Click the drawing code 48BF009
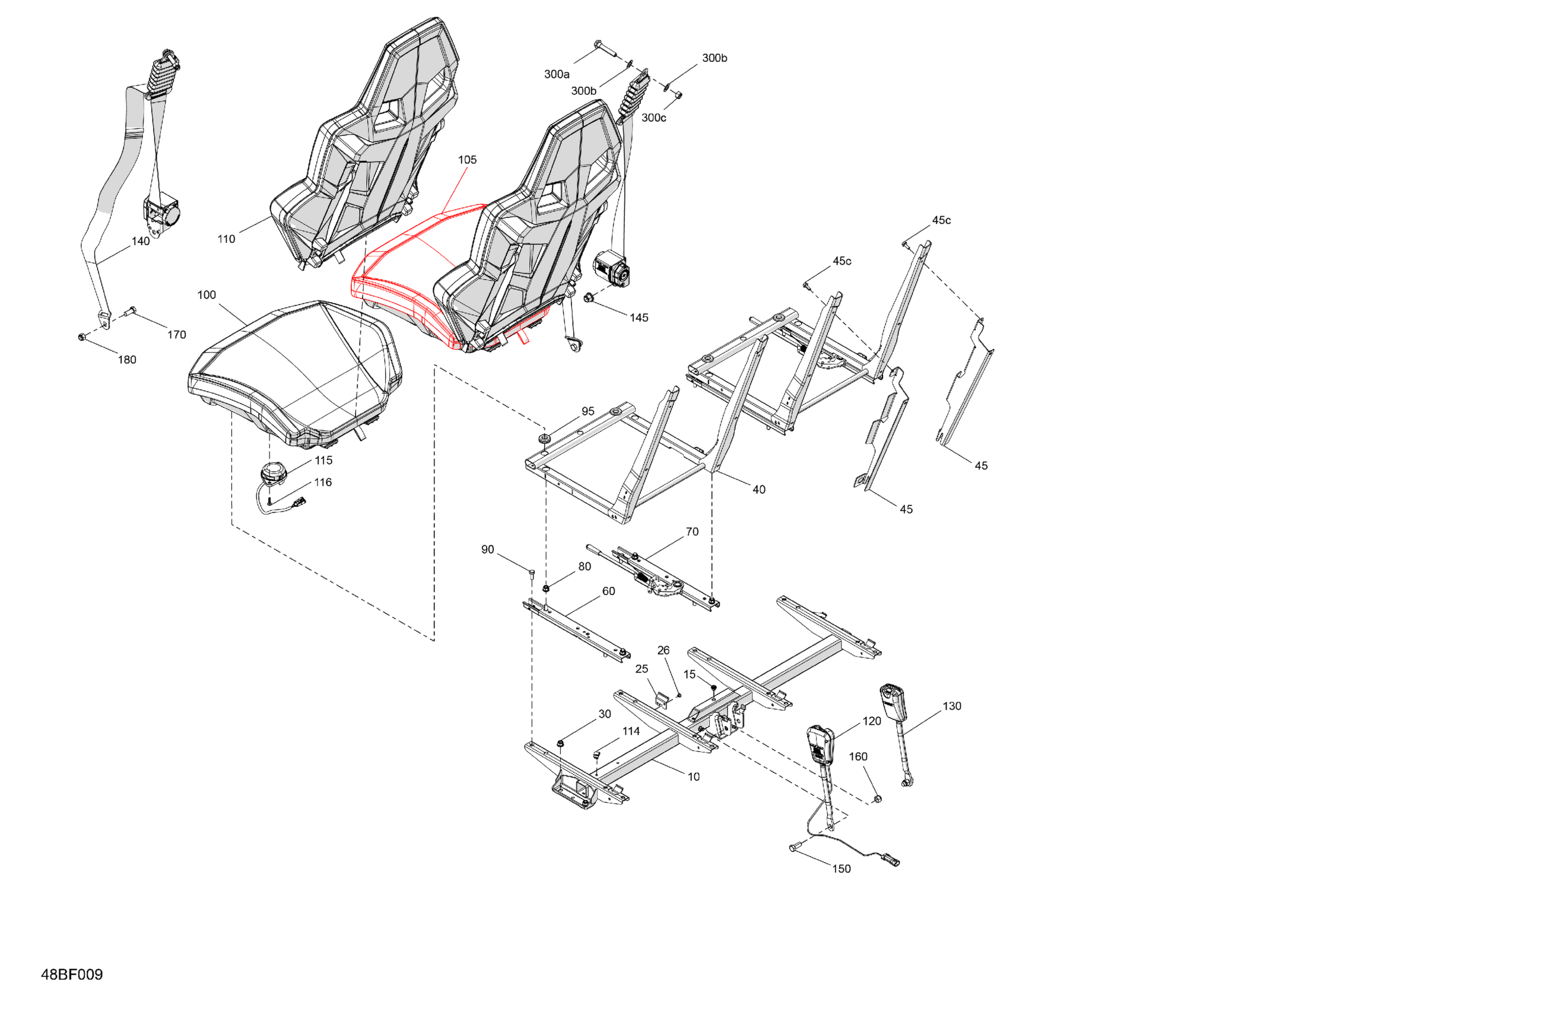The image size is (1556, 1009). pos(72,975)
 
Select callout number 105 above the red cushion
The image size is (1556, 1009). pos(467,160)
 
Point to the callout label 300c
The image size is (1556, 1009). pos(653,118)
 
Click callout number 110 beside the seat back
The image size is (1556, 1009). pos(226,239)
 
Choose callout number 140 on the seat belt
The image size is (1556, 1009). pos(141,242)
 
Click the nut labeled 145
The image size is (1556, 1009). pos(588,298)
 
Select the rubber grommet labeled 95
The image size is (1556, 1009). pos(542,436)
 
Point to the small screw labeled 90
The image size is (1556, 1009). pos(532,574)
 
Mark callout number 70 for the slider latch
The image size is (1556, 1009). pos(692,532)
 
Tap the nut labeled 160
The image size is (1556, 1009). pos(877,798)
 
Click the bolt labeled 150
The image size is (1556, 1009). pos(795,848)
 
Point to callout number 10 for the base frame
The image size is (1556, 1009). pos(693,776)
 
